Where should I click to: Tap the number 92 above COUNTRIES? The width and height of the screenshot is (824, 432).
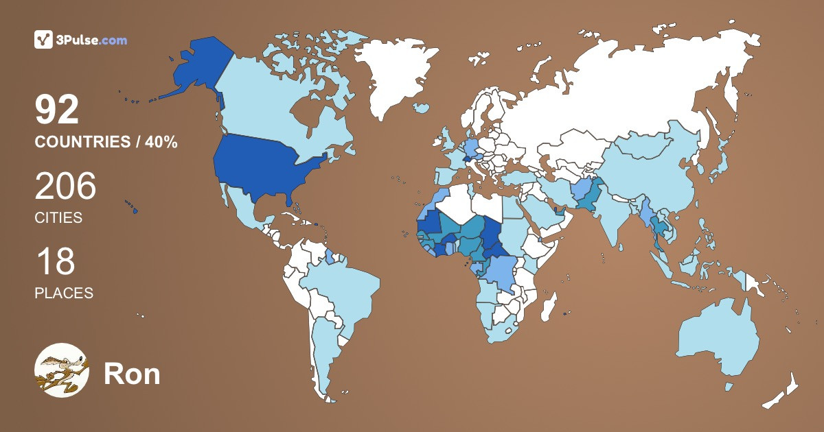(58, 111)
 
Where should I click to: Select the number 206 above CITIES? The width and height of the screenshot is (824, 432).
(65, 187)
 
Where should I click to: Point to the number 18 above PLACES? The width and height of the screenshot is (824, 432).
(55, 262)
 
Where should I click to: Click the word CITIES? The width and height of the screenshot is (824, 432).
(58, 218)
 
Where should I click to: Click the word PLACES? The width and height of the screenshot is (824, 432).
(64, 293)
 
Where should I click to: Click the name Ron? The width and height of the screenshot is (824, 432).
(132, 374)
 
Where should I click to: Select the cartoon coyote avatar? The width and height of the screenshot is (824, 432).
(61, 370)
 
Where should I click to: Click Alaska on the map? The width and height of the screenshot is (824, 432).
(192, 69)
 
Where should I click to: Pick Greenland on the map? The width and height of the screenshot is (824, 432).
(398, 75)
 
